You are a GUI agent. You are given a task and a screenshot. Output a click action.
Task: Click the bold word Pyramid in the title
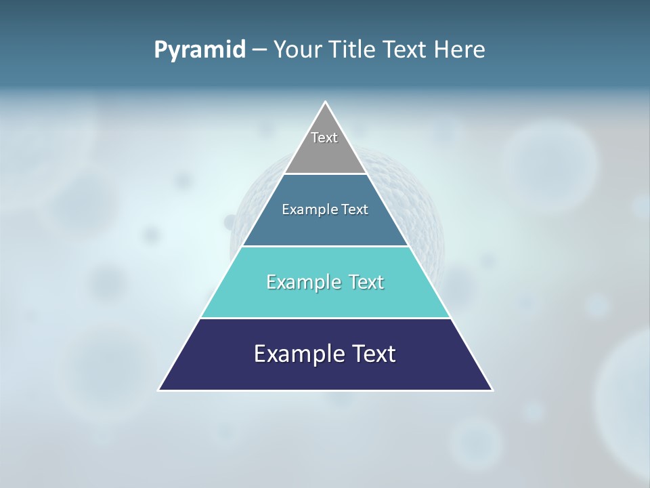tap(200, 50)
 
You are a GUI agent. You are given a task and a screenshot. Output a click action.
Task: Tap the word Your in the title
tap(299, 50)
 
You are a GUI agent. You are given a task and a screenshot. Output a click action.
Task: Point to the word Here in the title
tap(460, 50)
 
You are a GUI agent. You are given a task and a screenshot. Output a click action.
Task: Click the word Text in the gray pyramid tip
tap(324, 138)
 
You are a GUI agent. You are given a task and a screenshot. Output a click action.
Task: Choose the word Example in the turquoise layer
tap(303, 282)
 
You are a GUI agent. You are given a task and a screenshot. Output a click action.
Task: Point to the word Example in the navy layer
tap(297, 354)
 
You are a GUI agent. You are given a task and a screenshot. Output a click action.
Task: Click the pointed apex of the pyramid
tap(326, 103)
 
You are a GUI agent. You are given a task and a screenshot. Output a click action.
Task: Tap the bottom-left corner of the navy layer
tap(160, 390)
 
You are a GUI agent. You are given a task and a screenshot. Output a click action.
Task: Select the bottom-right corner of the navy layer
tap(492, 390)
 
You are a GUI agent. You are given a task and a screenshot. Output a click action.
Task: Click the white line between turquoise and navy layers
tap(325, 318)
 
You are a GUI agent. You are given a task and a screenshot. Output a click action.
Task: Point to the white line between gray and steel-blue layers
tap(325, 174)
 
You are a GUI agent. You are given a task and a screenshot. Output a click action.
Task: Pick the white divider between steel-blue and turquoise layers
tap(325, 246)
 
